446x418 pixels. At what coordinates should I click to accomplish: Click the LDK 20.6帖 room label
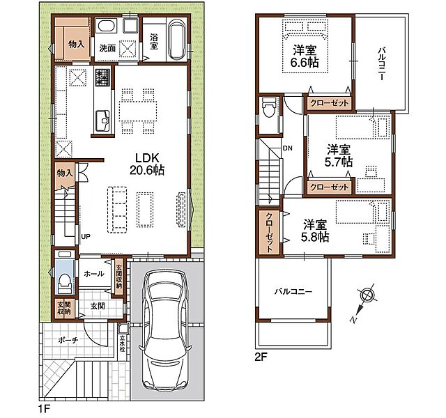pos(147,164)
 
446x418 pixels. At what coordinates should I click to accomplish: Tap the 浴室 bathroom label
pos(154,42)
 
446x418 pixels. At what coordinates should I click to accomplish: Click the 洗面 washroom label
pos(107,48)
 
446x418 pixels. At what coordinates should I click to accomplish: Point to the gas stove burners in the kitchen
pos(102,77)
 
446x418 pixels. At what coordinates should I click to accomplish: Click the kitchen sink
pos(102,121)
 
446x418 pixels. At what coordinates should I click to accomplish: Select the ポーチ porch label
pos(68,340)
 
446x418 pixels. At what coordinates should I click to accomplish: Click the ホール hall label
pos(94,274)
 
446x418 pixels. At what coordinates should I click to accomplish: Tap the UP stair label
pos(86,236)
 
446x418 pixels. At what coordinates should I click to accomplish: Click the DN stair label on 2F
pos(287,148)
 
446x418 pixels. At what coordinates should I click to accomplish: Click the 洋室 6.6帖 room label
pos(305,56)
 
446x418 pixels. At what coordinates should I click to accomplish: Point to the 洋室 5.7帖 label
pos(339,155)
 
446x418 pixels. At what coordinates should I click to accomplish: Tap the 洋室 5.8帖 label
pos(315,231)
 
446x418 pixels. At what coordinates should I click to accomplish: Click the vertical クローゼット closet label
pos(269,232)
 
